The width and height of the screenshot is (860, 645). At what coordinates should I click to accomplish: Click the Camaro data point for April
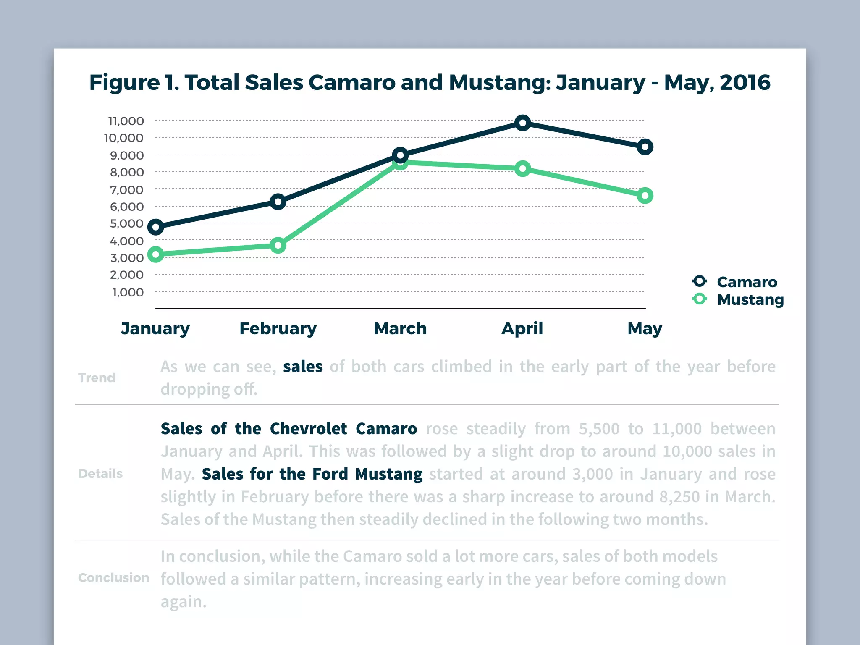522,123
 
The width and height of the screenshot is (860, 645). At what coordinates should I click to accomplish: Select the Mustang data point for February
278,245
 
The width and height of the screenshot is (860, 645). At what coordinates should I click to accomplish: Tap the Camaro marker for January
156,228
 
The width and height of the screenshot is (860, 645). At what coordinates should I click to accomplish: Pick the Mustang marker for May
645,196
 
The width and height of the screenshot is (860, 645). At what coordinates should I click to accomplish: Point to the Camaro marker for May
645,147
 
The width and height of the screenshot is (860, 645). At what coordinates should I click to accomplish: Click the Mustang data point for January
156,254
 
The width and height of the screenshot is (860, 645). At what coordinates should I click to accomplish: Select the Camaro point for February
278,202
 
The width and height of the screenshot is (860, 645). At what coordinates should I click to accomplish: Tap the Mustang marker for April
522,169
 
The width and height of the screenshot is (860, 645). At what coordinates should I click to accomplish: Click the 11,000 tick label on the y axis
126,121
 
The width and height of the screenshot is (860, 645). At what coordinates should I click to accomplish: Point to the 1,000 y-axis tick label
128,292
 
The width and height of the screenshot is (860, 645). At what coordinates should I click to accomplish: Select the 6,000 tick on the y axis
127,207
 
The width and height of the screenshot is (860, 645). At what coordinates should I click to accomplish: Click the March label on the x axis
400,328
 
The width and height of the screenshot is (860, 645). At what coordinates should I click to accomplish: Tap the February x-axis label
278,328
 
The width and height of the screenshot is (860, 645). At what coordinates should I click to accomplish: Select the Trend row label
97,378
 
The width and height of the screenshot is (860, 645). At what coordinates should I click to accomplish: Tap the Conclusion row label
113,578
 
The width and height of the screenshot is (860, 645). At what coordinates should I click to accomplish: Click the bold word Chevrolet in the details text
308,429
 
